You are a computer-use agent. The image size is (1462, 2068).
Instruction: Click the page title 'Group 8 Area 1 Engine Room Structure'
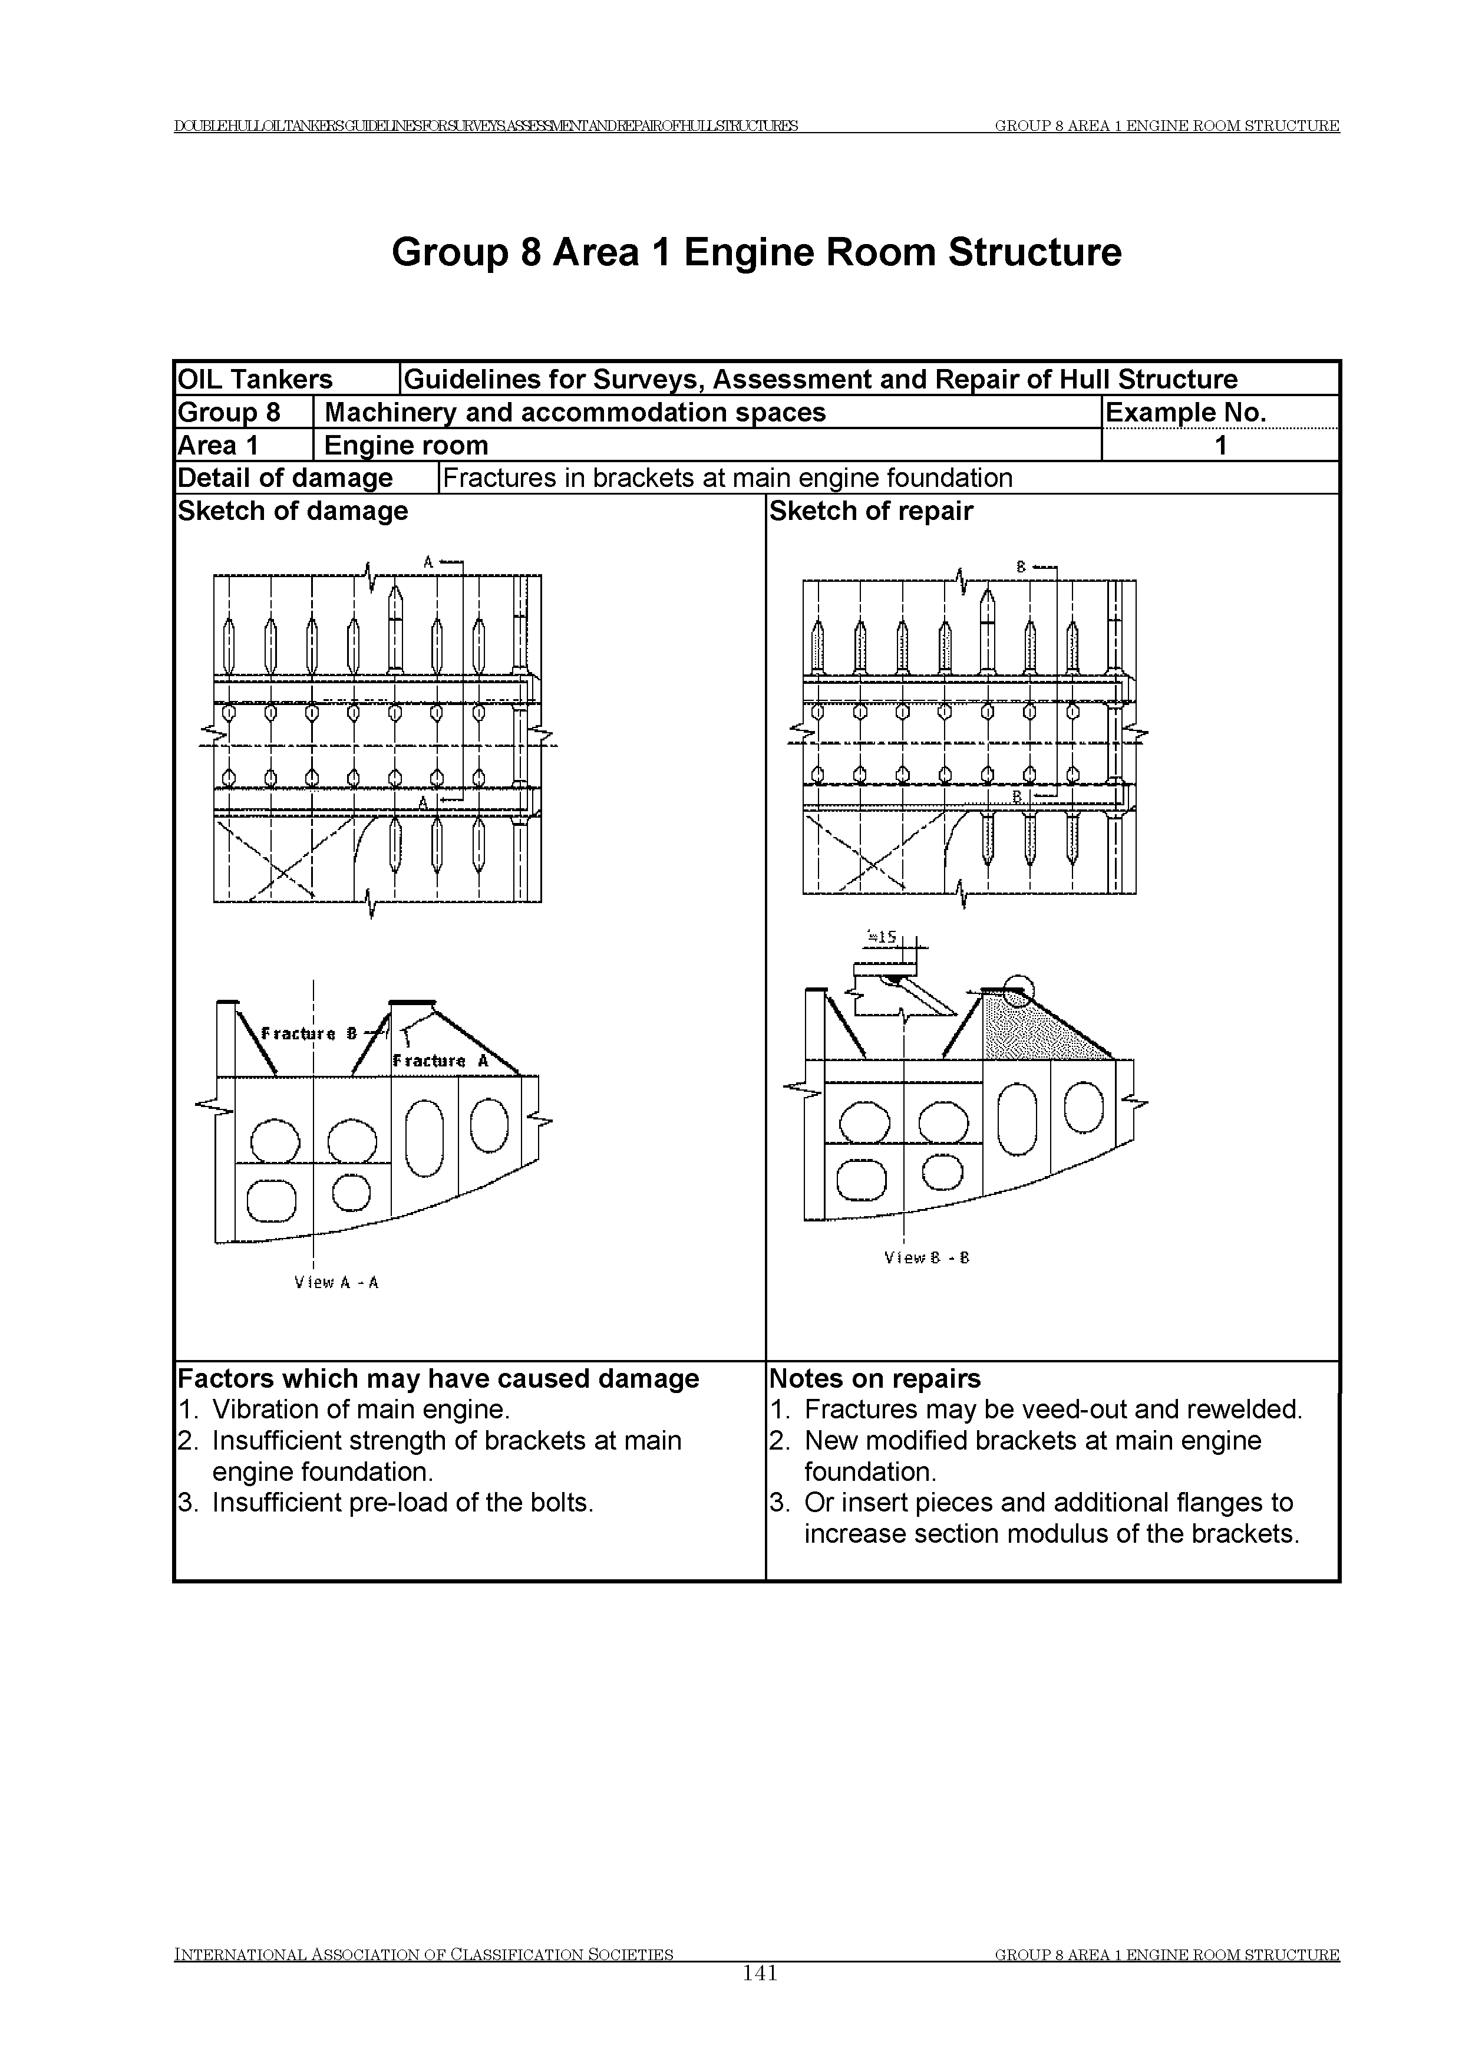[756, 253]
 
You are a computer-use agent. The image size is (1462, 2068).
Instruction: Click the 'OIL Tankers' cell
[255, 379]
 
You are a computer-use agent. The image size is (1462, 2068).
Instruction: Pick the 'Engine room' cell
[406, 446]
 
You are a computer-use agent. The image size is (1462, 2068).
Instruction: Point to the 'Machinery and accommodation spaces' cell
[575, 413]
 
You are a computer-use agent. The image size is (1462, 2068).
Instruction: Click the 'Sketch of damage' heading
[293, 511]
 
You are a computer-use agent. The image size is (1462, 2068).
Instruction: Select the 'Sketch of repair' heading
[870, 511]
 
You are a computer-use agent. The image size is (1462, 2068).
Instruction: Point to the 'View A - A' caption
[336, 1283]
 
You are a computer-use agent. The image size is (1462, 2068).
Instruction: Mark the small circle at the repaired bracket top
[1017, 991]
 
